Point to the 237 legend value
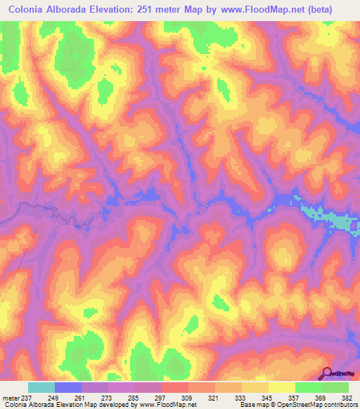click(27, 398)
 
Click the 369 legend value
click(322, 398)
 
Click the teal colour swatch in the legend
click(41, 387)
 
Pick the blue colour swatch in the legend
click(68, 387)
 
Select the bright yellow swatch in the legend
click(281, 387)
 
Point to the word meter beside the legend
click(11, 398)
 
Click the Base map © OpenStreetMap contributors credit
click(299, 405)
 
